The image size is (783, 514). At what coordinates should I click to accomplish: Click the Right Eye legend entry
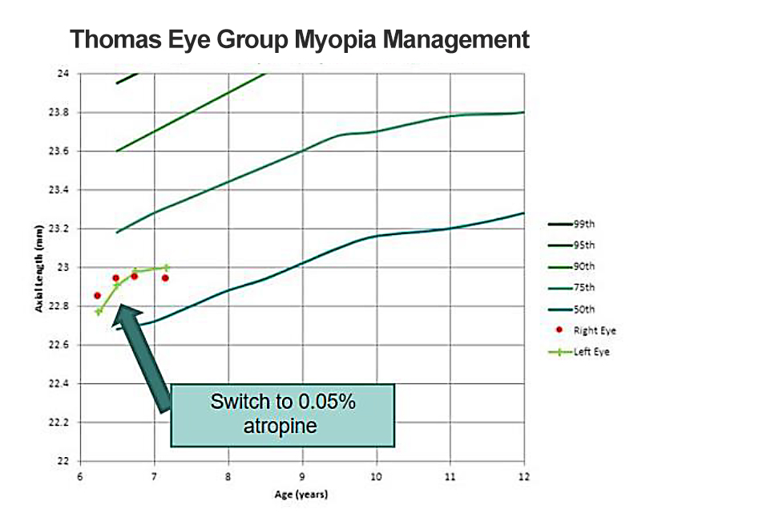(594, 330)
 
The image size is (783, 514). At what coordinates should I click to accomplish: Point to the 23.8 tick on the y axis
(61, 113)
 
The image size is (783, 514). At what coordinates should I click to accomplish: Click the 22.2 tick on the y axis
(61, 423)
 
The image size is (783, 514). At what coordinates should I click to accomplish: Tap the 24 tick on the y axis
(64, 74)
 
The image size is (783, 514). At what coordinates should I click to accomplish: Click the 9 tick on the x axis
(302, 476)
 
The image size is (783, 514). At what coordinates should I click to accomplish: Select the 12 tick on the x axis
(523, 476)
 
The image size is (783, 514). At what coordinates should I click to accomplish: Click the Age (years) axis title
(302, 494)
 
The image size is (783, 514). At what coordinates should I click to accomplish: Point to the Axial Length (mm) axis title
(38, 268)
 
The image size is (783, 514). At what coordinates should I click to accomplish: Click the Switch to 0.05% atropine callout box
(283, 414)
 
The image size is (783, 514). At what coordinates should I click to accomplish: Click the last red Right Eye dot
(165, 278)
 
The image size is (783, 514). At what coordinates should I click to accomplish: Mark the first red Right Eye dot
(97, 295)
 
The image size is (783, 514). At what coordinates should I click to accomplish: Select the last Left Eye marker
(166, 268)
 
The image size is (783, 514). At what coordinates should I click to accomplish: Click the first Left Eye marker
(99, 311)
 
